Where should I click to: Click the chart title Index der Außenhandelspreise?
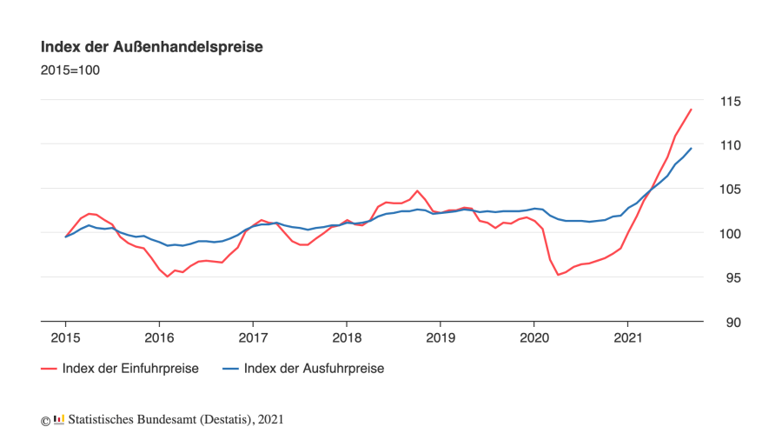click(151, 47)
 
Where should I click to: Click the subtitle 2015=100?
click(70, 70)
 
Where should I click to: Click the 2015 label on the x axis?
click(65, 337)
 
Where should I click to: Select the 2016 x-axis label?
click(159, 337)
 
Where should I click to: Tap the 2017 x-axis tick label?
click(253, 337)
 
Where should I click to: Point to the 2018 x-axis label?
click(347, 337)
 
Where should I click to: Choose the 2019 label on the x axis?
click(441, 337)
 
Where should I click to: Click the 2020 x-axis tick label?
click(534, 337)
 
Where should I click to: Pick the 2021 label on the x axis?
click(628, 337)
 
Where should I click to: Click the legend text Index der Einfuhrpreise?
click(130, 369)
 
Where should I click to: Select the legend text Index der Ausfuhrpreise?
click(314, 369)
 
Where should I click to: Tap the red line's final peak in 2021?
click(691, 110)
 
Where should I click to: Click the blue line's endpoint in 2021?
click(691, 149)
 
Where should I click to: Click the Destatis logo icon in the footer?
click(59, 419)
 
